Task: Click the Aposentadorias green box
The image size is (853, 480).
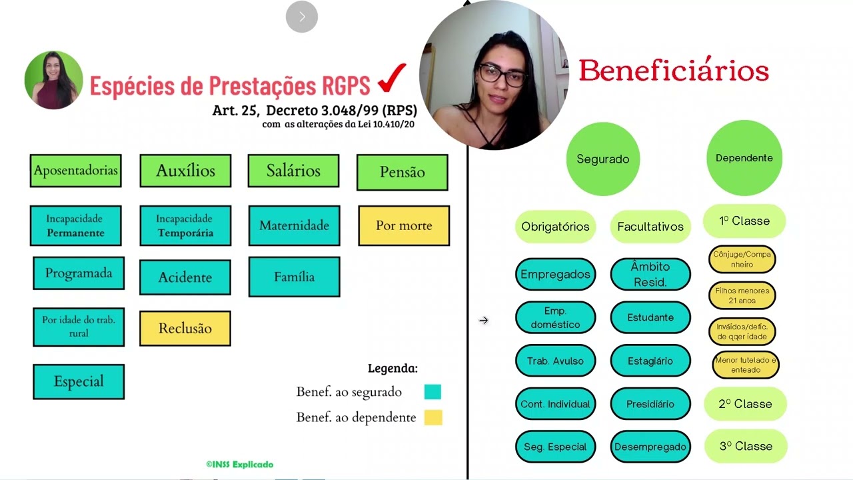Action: pos(75,171)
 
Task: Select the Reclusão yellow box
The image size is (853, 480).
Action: pos(185,329)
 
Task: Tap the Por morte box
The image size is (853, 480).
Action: pos(404,225)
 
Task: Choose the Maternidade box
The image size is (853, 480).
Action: pos(294,225)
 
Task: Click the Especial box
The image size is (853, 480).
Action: pos(79,381)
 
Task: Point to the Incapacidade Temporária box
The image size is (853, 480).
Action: pos(185,225)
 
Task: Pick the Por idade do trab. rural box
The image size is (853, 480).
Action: pos(79,327)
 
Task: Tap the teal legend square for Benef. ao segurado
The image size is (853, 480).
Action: pos(432,392)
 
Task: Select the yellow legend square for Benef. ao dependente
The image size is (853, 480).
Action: pos(432,417)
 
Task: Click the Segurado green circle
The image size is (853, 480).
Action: pos(603,159)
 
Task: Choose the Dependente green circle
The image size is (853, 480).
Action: pos(744,158)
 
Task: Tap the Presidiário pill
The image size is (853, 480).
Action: pos(650,404)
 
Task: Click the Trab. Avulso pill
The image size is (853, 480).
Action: pos(555,361)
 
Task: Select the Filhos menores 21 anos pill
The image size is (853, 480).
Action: pos(742,295)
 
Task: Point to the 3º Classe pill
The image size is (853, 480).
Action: pos(745,446)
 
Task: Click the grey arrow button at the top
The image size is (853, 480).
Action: pos(302,17)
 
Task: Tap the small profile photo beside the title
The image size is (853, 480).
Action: pos(53,80)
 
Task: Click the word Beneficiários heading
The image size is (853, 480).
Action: pos(673,70)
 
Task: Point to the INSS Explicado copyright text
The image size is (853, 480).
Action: pos(239,464)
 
